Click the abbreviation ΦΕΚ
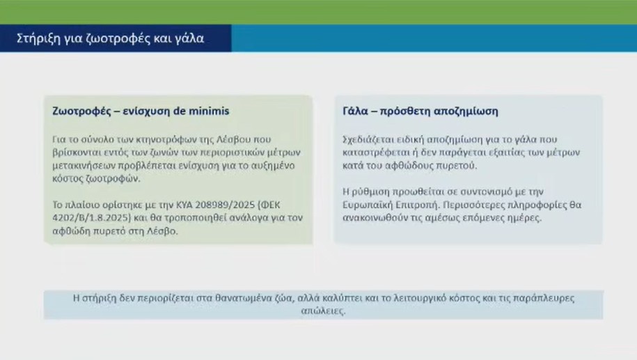270,205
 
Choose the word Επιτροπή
419,205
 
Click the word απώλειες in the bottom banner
324,311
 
